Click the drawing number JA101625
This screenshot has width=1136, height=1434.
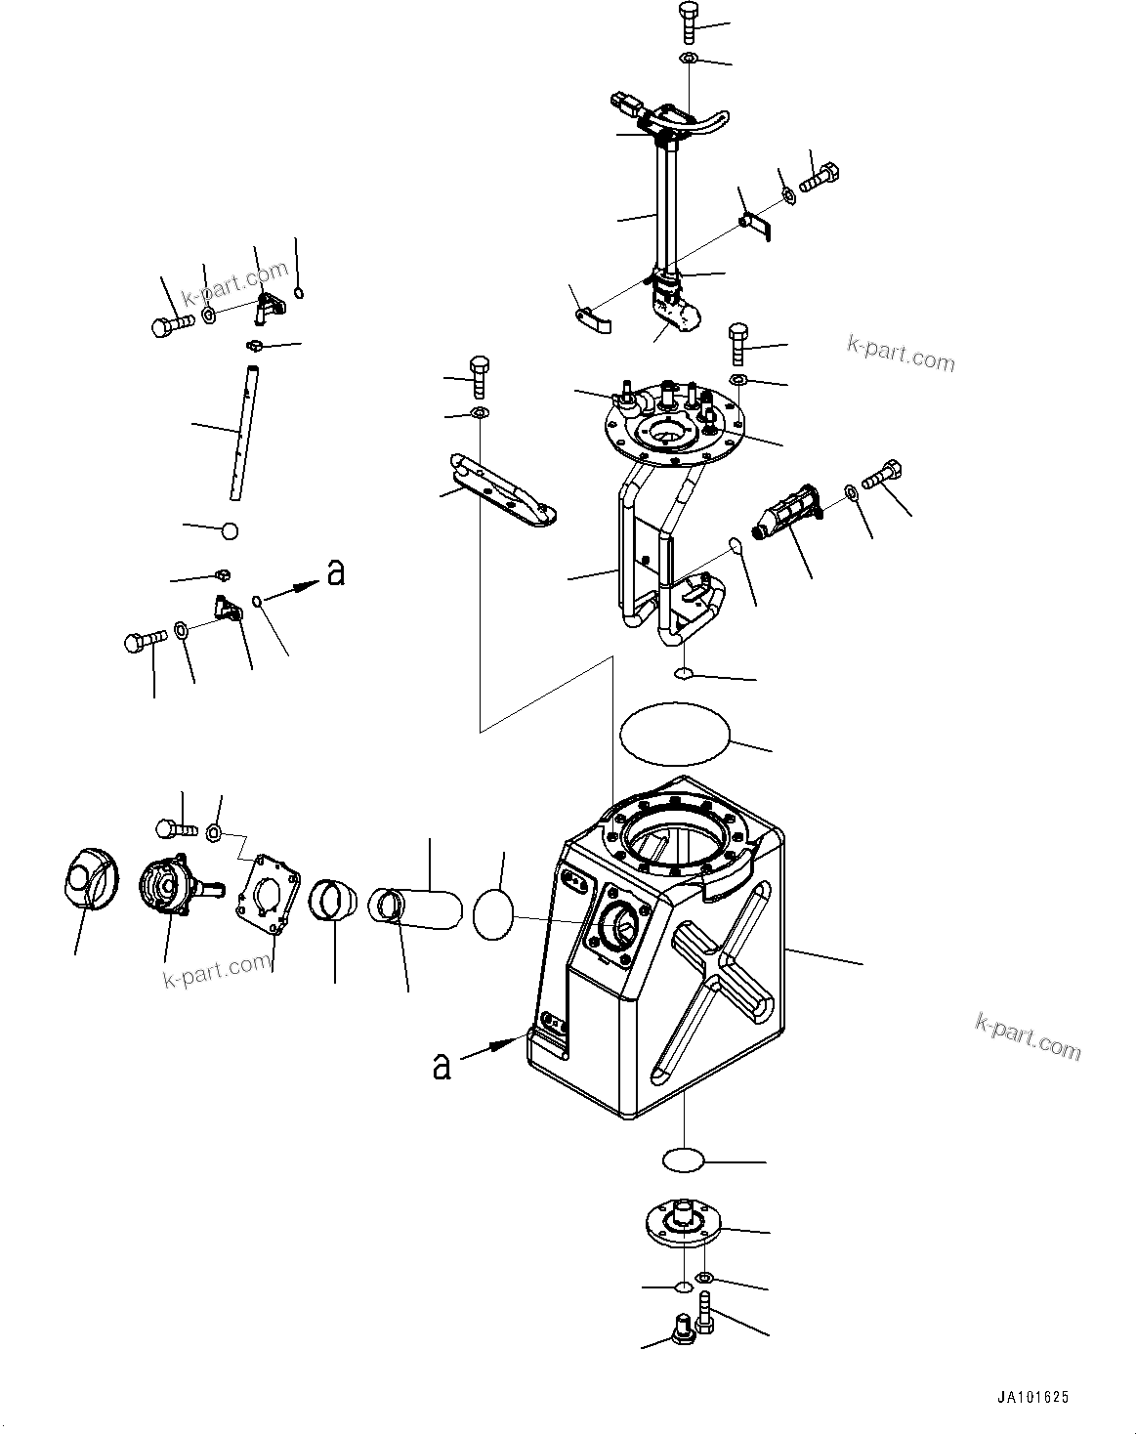click(x=1032, y=1399)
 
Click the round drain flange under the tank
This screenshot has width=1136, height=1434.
click(x=680, y=1222)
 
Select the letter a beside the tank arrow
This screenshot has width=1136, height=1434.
click(x=442, y=1067)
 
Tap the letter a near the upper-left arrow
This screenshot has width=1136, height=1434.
click(x=336, y=573)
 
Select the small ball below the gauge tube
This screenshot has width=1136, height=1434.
click(x=230, y=531)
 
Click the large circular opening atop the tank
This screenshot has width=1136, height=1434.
click(x=679, y=841)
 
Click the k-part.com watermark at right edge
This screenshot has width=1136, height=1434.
click(x=1028, y=1036)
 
